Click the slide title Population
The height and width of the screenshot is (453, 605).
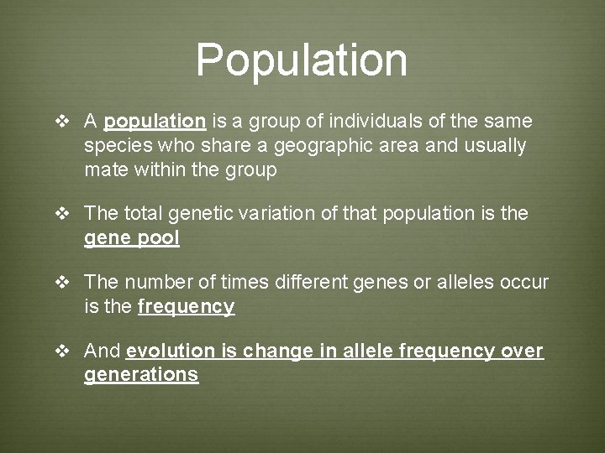(x=302, y=60)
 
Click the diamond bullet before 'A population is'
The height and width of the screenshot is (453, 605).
(x=61, y=122)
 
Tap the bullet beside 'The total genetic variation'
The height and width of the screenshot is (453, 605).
(x=61, y=214)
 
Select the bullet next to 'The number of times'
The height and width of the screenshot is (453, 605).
(x=61, y=283)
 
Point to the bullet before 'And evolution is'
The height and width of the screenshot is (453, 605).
(x=61, y=351)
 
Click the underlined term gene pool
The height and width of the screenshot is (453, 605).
(x=132, y=239)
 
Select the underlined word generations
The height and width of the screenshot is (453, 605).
(x=141, y=375)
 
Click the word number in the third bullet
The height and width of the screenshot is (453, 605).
(x=153, y=283)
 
